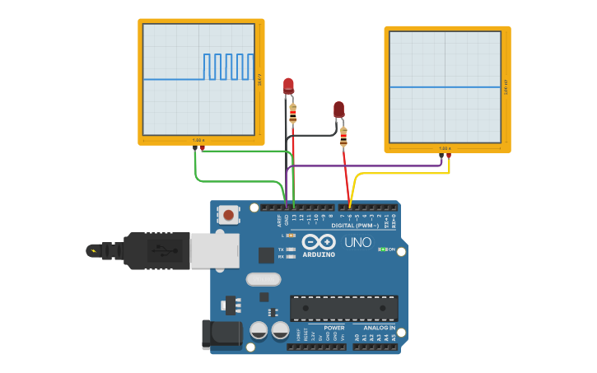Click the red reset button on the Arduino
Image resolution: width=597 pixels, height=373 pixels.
click(227, 216)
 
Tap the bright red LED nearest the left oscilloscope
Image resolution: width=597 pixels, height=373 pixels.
click(288, 85)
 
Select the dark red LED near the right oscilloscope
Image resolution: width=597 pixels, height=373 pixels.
click(338, 109)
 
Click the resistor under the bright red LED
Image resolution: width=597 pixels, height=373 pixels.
click(293, 113)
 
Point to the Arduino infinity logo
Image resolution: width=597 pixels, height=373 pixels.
click(319, 242)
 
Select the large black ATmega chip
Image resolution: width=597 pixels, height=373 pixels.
click(343, 308)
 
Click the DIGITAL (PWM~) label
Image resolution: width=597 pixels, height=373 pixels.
click(355, 226)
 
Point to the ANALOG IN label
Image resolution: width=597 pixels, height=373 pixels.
click(380, 328)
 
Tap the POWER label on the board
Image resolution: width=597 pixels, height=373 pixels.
click(334, 328)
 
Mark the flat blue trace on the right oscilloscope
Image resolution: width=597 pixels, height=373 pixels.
click(445, 86)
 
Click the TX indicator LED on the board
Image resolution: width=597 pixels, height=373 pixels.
click(289, 249)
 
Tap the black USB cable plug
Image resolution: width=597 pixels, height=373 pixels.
click(156, 250)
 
